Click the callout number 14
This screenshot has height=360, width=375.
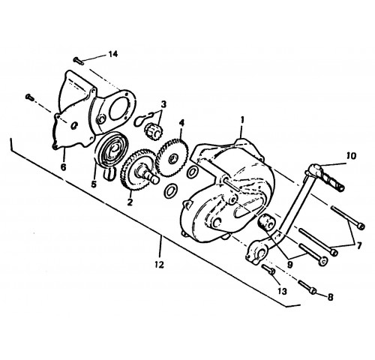(113, 54)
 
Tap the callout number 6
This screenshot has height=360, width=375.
(63, 166)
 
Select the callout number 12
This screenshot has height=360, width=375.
(159, 265)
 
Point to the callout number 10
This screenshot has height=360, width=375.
(351, 156)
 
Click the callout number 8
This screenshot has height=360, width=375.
(330, 297)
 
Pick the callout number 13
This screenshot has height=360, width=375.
(282, 291)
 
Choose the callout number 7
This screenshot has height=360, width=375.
(359, 246)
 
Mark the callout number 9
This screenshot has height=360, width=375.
(289, 265)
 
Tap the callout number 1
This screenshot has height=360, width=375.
(242, 120)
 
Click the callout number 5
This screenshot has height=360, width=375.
(94, 184)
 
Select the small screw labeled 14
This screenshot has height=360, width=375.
(79, 61)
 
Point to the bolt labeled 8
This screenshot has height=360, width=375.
(307, 287)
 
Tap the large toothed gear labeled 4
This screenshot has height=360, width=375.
(172, 159)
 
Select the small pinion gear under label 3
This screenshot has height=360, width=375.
(153, 131)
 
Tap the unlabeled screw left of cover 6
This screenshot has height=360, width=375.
(29, 97)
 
